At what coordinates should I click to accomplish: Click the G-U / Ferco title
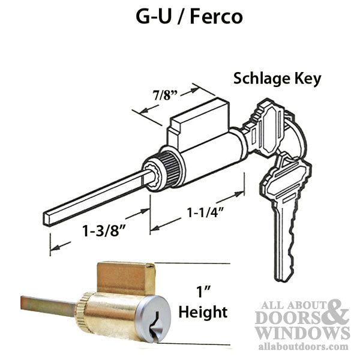point(189,17)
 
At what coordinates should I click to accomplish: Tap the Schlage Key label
point(277,79)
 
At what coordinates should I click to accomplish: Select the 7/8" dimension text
point(166,95)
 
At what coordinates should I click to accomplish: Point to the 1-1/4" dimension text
point(205,212)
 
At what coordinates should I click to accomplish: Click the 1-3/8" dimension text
point(104,230)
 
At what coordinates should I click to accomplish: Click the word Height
point(203,312)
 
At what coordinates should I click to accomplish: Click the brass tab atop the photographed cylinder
point(126,278)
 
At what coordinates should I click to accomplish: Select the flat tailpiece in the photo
point(48,306)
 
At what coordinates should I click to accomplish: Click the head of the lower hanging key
point(286,178)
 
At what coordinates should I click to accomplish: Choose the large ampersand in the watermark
point(335,313)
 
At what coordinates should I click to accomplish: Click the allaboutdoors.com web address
point(303,347)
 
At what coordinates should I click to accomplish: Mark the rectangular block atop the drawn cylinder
point(199,123)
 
